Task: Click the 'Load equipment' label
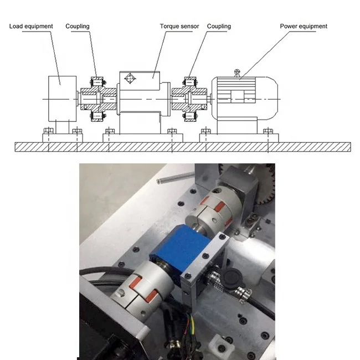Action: [31, 26]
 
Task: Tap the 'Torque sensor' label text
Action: [179, 26]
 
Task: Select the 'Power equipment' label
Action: [304, 26]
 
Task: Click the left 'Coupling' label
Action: [78, 26]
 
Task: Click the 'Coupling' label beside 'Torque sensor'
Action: [219, 26]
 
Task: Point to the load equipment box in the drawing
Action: [63, 99]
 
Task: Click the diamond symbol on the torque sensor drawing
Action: [130, 79]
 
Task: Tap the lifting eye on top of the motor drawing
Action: [237, 73]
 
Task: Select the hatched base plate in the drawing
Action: [183, 147]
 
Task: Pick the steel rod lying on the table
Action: [176, 178]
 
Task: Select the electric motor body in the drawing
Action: [245, 99]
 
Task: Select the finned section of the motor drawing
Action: [236, 90]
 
